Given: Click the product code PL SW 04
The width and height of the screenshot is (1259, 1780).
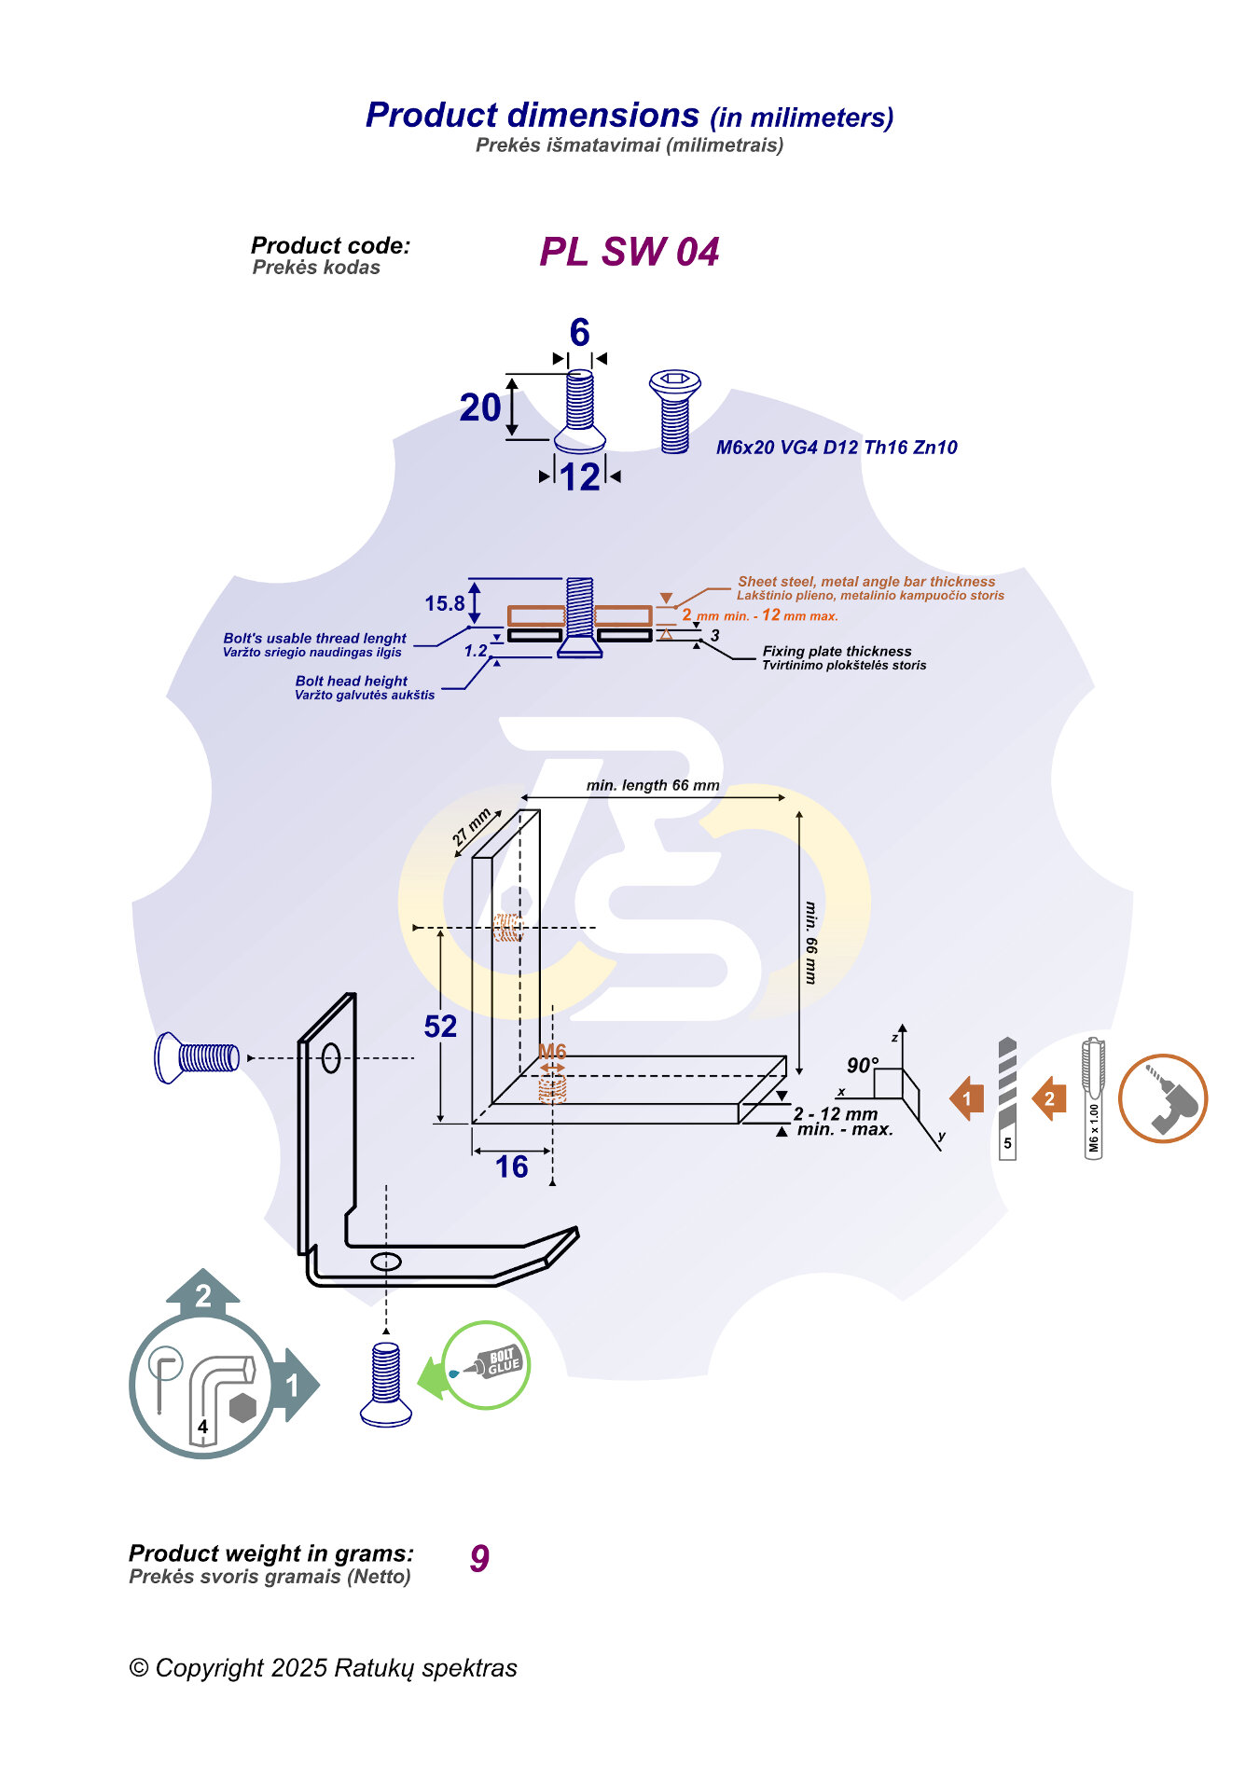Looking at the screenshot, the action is click(629, 252).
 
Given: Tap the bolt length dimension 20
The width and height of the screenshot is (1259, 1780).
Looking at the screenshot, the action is click(480, 407).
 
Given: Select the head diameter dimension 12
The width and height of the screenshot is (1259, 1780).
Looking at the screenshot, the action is click(580, 477).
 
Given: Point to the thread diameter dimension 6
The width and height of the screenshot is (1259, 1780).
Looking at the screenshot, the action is click(580, 332).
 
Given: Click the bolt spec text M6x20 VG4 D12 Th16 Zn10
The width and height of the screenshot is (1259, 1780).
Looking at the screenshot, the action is click(837, 448).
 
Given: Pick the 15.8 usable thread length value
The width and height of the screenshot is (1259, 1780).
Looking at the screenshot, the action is click(445, 603).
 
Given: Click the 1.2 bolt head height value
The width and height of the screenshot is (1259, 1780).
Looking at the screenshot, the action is click(476, 651).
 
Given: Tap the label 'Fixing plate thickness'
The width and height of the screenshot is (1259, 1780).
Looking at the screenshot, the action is click(837, 651).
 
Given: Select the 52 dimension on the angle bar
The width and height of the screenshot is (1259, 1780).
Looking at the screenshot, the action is click(440, 1027).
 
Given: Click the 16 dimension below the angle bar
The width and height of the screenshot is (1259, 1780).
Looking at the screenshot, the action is click(511, 1166).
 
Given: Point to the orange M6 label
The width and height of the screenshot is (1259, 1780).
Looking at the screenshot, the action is click(552, 1051).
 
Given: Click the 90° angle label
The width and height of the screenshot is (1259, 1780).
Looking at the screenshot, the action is click(863, 1065).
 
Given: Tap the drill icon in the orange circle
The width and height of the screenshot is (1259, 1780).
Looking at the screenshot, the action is click(1163, 1098).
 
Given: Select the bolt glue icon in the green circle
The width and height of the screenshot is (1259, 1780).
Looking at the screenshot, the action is click(486, 1365).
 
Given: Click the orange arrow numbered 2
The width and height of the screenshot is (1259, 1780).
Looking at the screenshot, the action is click(1049, 1098).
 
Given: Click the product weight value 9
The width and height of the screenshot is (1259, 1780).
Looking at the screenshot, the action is click(479, 1558).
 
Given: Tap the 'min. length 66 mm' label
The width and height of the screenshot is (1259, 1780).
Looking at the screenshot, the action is click(653, 785).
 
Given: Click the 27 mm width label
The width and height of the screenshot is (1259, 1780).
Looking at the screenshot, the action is click(472, 828).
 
